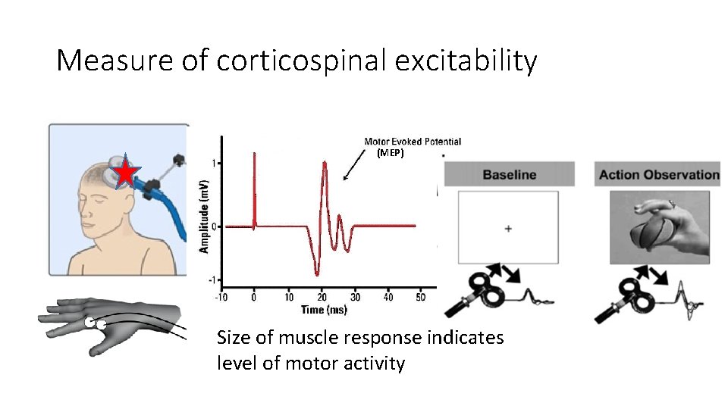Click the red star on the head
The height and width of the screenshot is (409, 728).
point(125,173)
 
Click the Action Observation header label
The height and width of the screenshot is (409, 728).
point(658,175)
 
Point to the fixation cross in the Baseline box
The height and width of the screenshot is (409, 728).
point(507,228)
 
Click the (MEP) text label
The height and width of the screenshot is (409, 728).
point(391,152)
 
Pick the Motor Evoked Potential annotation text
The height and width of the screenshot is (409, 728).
point(412,142)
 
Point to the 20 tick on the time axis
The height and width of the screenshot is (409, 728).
point(322,297)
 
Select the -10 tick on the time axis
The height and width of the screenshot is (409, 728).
point(221,297)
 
